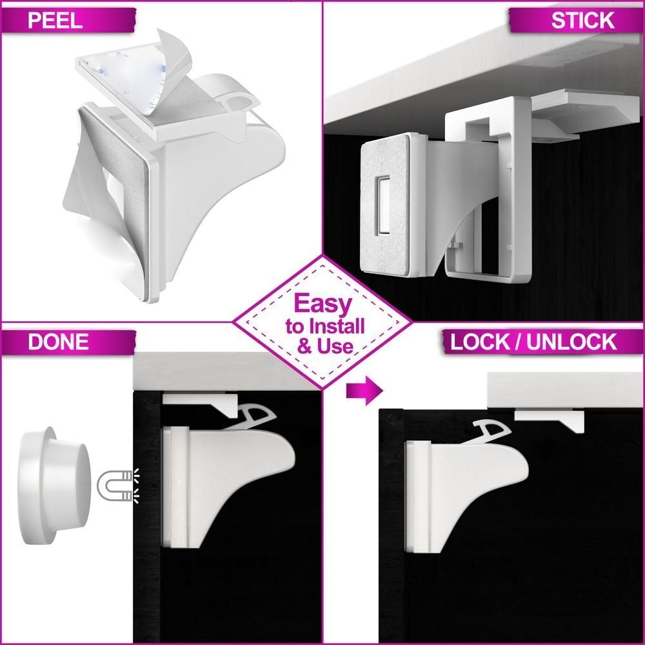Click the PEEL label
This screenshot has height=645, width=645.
(55, 21)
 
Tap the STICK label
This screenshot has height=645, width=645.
(582, 21)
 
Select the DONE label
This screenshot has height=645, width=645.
(59, 342)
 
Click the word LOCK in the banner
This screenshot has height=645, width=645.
(480, 342)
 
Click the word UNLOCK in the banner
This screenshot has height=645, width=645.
(571, 342)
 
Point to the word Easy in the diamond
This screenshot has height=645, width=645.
(323, 304)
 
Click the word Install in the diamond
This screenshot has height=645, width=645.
(337, 326)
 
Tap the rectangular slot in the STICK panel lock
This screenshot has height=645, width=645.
(383, 205)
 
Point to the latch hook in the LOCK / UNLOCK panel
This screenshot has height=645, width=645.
(491, 431)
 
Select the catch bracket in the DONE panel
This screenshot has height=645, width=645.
(201, 405)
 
